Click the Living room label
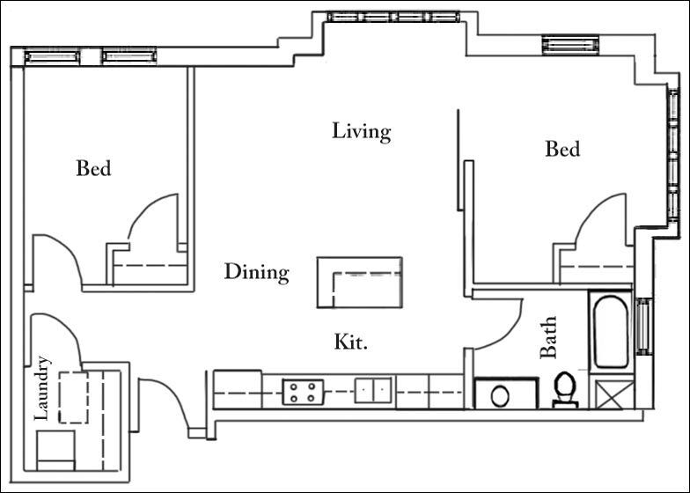[361, 131]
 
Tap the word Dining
[256, 272]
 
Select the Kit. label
[350, 342]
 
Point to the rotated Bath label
[549, 338]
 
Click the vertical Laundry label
[42, 388]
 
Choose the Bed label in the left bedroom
[93, 167]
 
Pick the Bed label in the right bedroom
[562, 149]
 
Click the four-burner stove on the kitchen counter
[303, 391]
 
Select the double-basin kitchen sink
[374, 390]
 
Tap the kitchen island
[359, 282]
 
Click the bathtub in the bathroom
[610, 331]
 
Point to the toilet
[564, 389]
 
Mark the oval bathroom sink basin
[500, 394]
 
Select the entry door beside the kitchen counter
[163, 401]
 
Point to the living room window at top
[393, 16]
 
